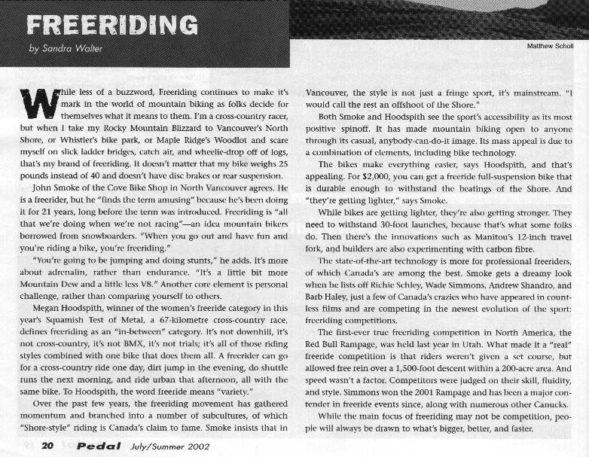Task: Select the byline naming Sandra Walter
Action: [x=66, y=50]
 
